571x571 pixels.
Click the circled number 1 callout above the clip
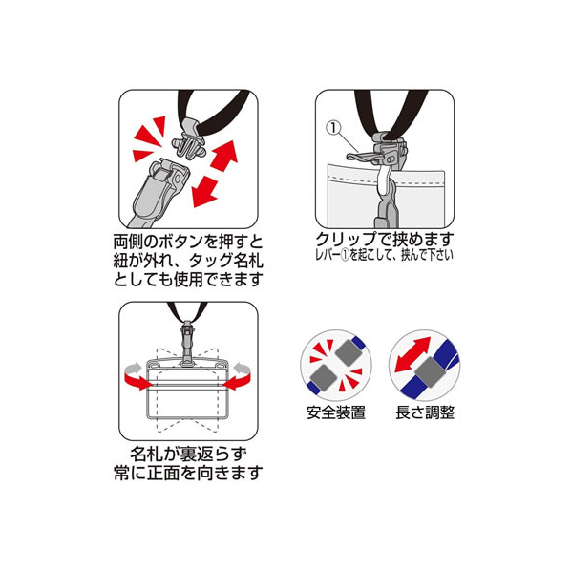pyautogui.click(x=333, y=129)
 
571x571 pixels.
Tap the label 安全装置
pyautogui.click(x=336, y=412)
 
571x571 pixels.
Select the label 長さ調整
pyautogui.click(x=425, y=412)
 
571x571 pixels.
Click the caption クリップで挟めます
pyautogui.click(x=385, y=240)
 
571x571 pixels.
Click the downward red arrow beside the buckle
pyautogui.click(x=205, y=191)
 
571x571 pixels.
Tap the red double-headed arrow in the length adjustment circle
pyautogui.click(x=412, y=355)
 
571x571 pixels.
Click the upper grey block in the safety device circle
pyautogui.click(x=349, y=351)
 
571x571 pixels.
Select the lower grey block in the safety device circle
pyautogui.click(x=323, y=378)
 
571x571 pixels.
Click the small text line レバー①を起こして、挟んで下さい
pyautogui.click(x=385, y=255)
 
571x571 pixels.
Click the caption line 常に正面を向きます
pyautogui.click(x=188, y=473)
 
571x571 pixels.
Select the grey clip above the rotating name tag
pyautogui.click(x=187, y=343)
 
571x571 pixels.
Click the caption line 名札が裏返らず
pyautogui.click(x=188, y=455)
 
